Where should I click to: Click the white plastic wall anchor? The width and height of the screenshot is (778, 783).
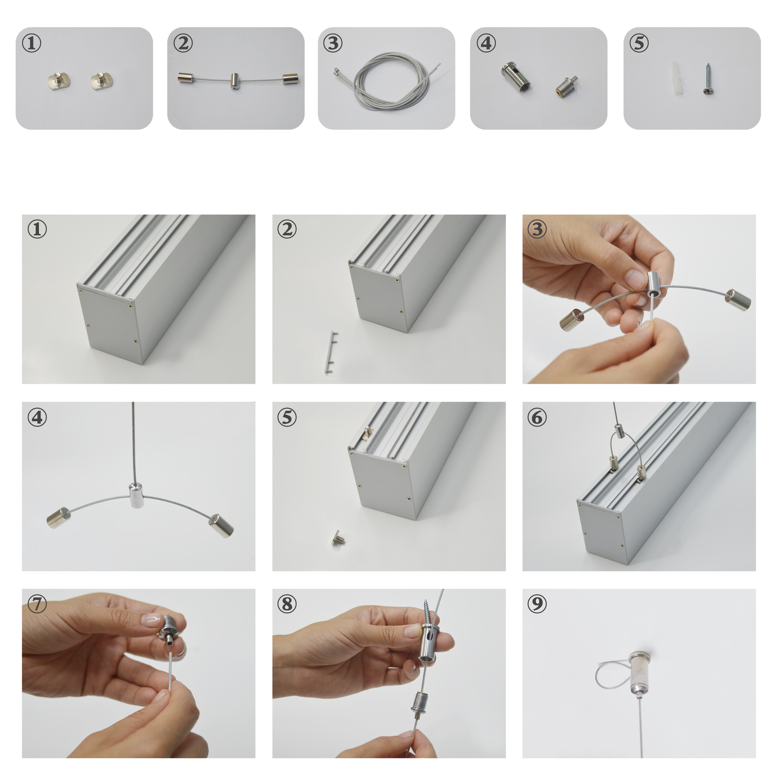pyautogui.click(x=675, y=78)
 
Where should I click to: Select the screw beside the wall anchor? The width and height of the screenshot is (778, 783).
pyautogui.click(x=707, y=79)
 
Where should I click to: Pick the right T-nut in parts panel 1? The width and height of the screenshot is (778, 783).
pyautogui.click(x=102, y=80)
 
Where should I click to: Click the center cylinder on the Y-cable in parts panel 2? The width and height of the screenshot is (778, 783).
pyautogui.click(x=235, y=81)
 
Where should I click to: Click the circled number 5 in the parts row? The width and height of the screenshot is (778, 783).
pyautogui.click(x=639, y=43)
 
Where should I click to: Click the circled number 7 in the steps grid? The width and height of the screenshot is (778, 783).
pyautogui.click(x=37, y=603)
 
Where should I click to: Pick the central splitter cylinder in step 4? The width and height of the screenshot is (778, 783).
pyautogui.click(x=136, y=495)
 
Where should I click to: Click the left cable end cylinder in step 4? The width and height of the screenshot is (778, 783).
pyautogui.click(x=59, y=518)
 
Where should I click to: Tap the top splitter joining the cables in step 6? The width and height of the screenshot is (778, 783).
pyautogui.click(x=620, y=431)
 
